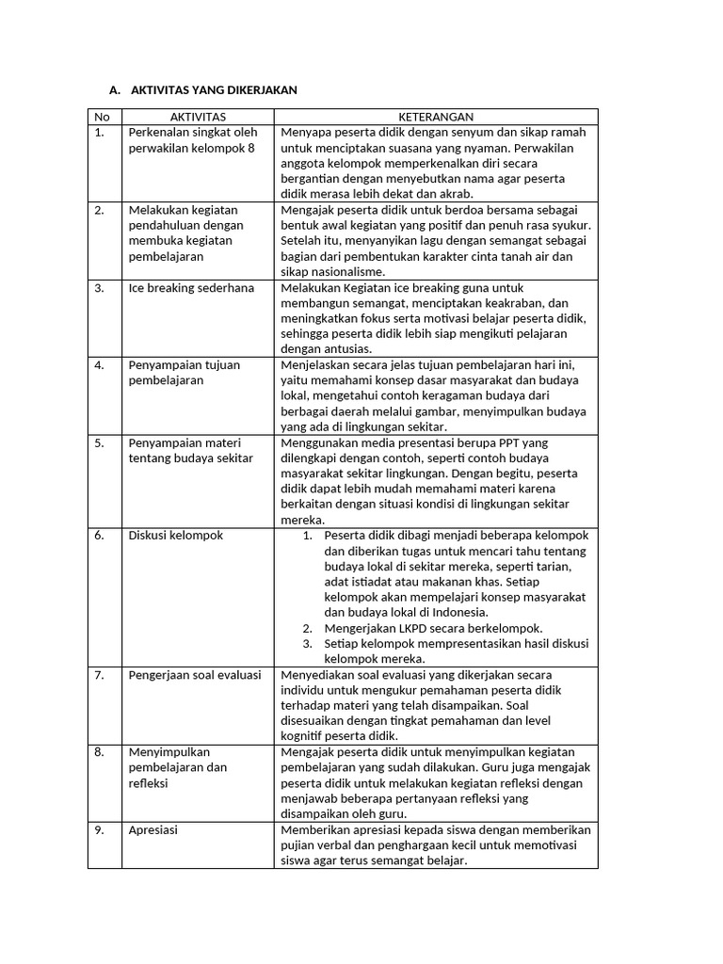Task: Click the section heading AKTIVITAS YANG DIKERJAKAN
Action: (x=214, y=90)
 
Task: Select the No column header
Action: (x=102, y=117)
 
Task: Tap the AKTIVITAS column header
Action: (x=198, y=117)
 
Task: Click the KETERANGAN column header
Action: (x=436, y=117)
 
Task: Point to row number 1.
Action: (x=100, y=133)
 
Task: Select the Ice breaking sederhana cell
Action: (x=191, y=288)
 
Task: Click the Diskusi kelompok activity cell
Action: (x=175, y=536)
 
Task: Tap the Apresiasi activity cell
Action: (x=153, y=830)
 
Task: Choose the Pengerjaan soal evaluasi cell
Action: (x=194, y=675)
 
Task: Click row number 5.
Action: (x=100, y=442)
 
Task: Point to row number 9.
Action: (x=100, y=830)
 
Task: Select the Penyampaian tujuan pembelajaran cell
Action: (x=185, y=373)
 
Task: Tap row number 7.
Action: (x=100, y=675)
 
